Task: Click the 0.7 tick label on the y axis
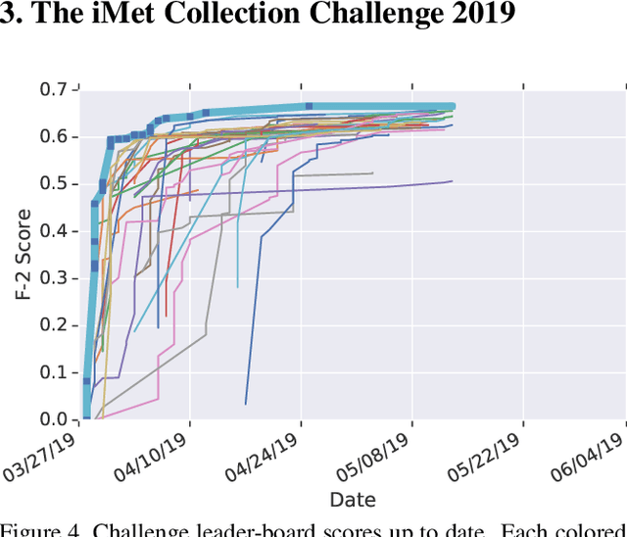click(x=56, y=90)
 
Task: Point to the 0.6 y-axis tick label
click(x=56, y=137)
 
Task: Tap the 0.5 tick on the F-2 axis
click(x=56, y=184)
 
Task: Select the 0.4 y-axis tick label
click(x=56, y=231)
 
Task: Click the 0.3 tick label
click(x=56, y=278)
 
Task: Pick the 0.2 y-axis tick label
click(x=56, y=325)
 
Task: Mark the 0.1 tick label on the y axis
click(x=56, y=372)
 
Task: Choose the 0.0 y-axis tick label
click(x=56, y=419)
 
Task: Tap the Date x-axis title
click(x=352, y=500)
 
